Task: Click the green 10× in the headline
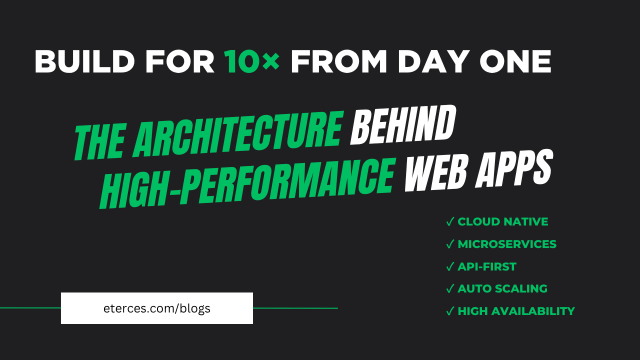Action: (x=251, y=61)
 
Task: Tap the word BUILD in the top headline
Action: (x=84, y=61)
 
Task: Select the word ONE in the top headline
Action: (x=515, y=61)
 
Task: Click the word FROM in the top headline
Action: (x=338, y=61)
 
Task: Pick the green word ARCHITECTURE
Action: (x=238, y=133)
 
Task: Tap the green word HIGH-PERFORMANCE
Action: (x=247, y=182)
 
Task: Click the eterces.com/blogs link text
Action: (x=157, y=308)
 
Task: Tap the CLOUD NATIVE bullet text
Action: (x=503, y=221)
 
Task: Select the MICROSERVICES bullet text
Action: (x=507, y=244)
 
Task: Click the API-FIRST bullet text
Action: (x=487, y=266)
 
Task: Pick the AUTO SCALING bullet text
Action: (x=502, y=288)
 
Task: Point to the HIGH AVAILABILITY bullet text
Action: (x=516, y=311)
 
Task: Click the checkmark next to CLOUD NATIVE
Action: (x=450, y=221)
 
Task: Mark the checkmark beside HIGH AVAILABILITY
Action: (x=450, y=311)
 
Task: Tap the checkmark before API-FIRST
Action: (x=450, y=266)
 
